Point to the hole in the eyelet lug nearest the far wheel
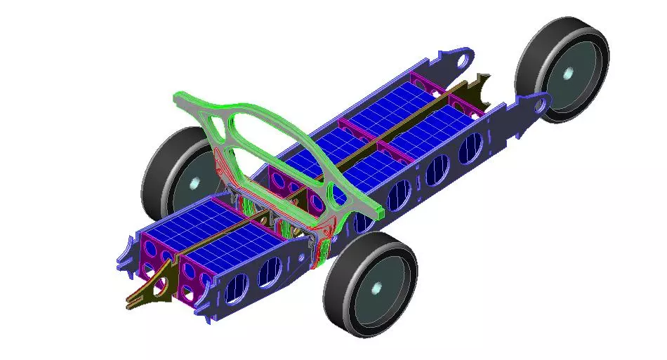click(540, 105)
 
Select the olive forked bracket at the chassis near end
click(147, 295)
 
